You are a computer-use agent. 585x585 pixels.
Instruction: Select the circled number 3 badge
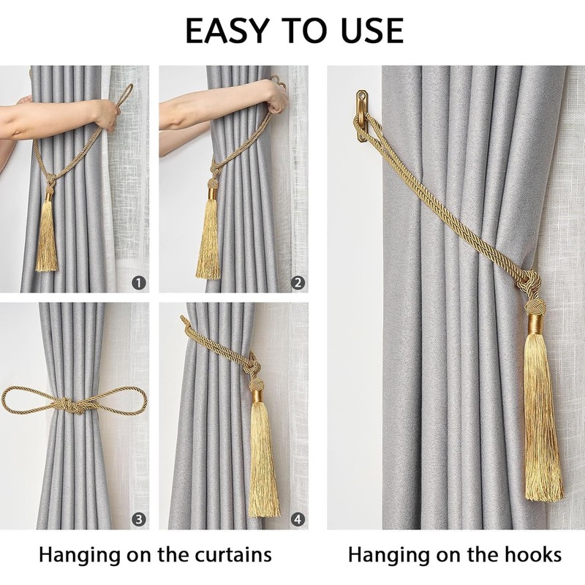[x=140, y=520]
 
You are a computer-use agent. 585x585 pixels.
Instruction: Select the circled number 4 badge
[x=298, y=520]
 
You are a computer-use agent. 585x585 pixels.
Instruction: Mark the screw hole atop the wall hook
[x=362, y=95]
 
